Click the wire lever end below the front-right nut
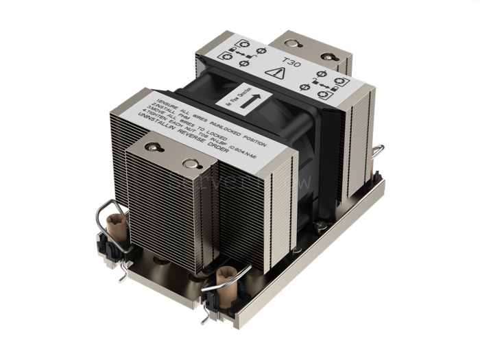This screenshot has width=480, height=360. pos(203,317)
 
